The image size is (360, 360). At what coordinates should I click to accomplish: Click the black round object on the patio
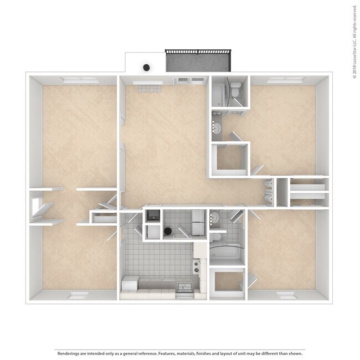click(x=146, y=68)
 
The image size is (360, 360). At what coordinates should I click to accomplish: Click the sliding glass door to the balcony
click(x=189, y=81)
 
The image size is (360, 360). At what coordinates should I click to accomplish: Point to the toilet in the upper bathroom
click(x=235, y=88)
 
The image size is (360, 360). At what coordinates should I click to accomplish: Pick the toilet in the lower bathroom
click(x=217, y=219)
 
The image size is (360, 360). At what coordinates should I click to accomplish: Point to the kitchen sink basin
click(x=184, y=287)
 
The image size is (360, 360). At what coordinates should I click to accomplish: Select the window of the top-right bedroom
click(x=282, y=81)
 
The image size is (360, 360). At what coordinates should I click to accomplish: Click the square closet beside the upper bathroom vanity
click(x=231, y=160)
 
